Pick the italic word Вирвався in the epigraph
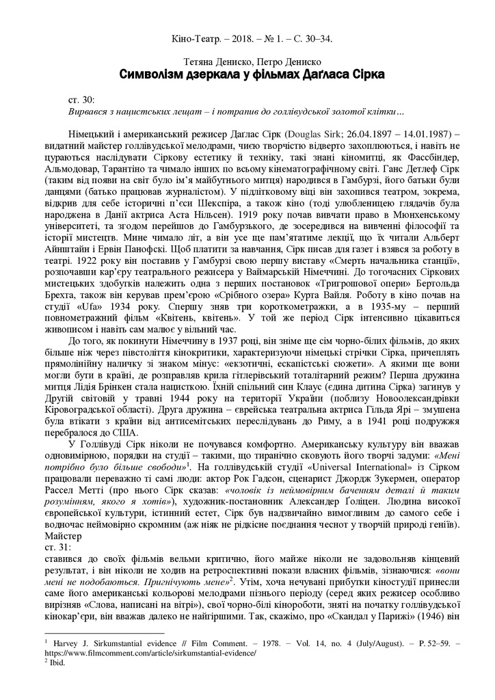(90, 110)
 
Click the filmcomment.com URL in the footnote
(150, 653)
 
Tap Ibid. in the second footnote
(53, 662)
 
